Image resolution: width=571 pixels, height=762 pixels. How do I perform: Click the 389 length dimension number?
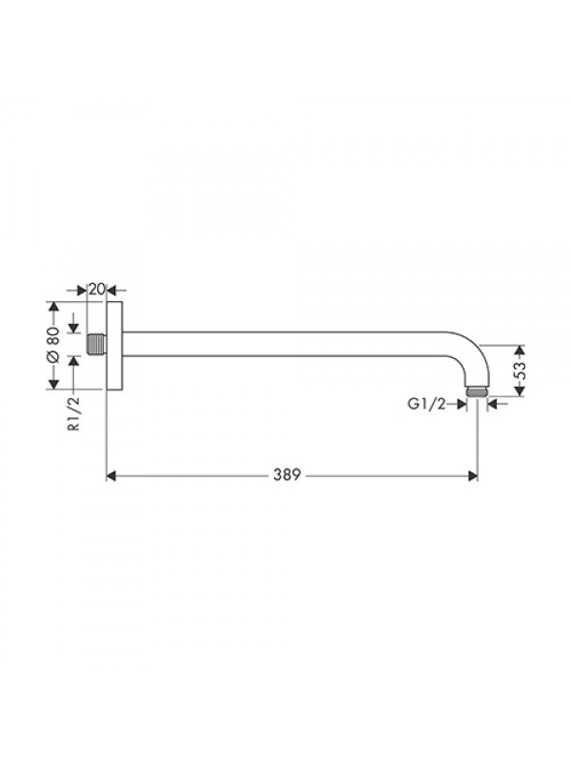(287, 474)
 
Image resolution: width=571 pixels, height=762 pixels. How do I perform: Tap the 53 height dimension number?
(520, 371)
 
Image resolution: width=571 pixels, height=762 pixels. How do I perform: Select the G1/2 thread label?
(426, 404)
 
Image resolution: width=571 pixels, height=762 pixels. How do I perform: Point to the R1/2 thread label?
(73, 413)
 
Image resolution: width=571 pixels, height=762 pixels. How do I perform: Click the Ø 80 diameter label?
(53, 344)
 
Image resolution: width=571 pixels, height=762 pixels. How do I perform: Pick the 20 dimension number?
(97, 290)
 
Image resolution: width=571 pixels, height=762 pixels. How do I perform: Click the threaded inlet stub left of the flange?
(96, 345)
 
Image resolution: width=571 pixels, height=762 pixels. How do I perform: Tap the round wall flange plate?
(115, 345)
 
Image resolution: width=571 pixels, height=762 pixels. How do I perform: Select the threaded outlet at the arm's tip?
(477, 391)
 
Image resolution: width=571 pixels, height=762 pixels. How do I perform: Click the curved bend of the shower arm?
(470, 351)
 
